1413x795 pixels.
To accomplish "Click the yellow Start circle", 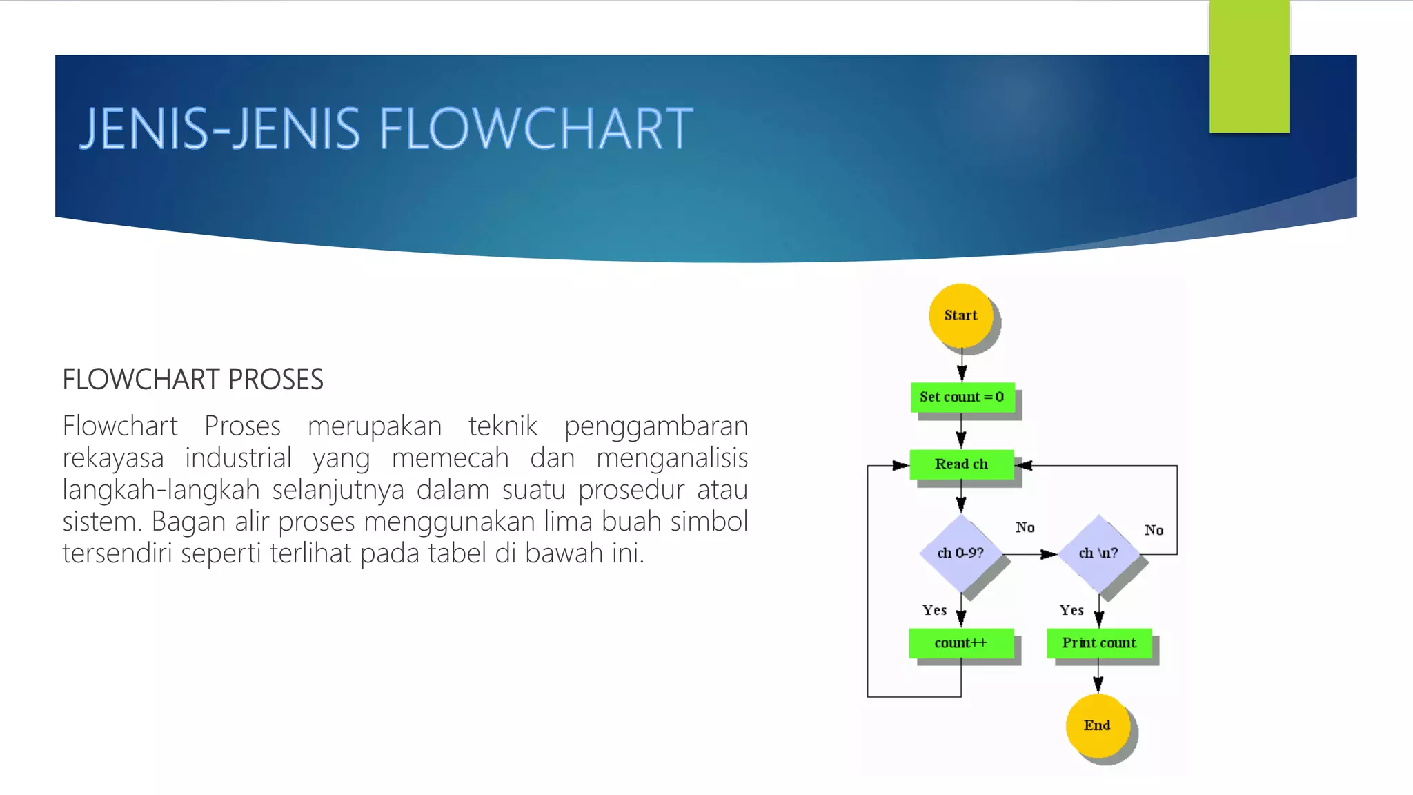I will click(960, 315).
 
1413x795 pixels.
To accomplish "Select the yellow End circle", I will click(1097, 725).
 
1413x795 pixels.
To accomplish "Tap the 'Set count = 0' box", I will click(962, 397).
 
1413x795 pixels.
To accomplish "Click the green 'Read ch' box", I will click(961, 464).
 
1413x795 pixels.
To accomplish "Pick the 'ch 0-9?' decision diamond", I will click(960, 553).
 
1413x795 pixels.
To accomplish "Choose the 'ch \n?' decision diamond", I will click(1098, 553).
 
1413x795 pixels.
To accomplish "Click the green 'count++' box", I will click(960, 643).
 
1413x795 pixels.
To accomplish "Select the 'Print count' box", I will click(1098, 643).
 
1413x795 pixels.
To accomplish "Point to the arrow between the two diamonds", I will click(1031, 554).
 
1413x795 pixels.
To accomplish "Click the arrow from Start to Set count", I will click(962, 364).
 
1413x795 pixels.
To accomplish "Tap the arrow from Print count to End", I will click(1098, 676).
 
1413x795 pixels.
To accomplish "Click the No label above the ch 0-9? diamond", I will click(1025, 528).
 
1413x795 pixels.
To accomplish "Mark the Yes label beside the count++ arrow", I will click(934, 610).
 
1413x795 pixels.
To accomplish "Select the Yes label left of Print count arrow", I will click(1071, 610).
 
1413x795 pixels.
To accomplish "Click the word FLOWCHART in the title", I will click(535, 129).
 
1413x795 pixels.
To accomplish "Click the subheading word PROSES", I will click(275, 380).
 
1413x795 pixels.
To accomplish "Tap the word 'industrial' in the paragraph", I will click(238, 458).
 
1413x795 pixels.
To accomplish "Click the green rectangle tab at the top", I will click(1249, 66).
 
